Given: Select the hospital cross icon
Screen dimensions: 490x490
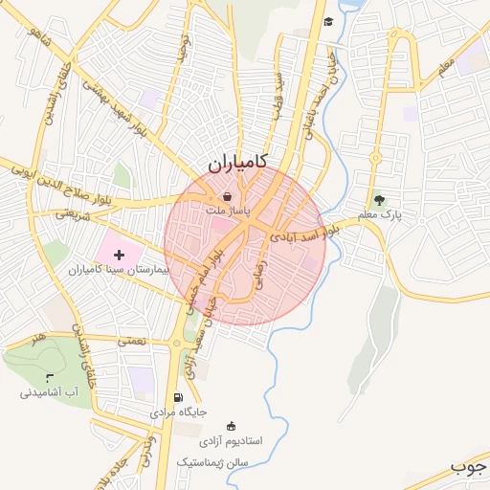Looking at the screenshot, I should [119, 255].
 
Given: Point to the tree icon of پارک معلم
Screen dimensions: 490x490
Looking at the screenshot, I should [380, 200].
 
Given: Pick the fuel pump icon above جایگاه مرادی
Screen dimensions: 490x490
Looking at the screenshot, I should [177, 397].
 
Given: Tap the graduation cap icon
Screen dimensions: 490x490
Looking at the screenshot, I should [328, 22].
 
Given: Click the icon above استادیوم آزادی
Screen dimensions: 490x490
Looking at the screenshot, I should [230, 426].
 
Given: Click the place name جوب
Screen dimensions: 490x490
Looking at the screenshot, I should [469, 468].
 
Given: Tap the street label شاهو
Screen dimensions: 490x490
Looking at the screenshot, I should [38, 40].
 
